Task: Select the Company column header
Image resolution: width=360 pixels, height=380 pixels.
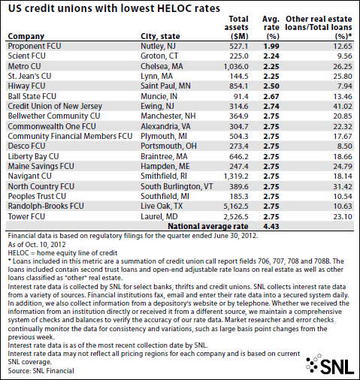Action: pos(26,36)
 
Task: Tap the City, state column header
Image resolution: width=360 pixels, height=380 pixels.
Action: pos(160,36)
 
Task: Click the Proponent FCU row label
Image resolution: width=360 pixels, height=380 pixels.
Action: pos(35,46)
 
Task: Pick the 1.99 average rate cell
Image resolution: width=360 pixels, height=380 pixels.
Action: pos(271,47)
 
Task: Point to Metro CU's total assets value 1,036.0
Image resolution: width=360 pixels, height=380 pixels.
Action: pos(236,66)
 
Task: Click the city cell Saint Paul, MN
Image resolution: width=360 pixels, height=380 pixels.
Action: pos(165,86)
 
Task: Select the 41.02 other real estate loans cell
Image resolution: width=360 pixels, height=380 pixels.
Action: pos(343,107)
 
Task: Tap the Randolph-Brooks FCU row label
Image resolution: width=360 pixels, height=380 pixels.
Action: pos(46,206)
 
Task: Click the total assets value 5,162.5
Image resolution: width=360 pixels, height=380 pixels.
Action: pos(236,207)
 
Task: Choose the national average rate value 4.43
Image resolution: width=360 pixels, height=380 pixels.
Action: pos(271,227)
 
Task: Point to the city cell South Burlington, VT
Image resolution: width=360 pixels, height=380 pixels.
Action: pos(177,186)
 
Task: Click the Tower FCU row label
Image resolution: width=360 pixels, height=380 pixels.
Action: pos(26,216)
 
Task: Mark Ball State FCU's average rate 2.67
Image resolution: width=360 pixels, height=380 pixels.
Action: pos(271,96)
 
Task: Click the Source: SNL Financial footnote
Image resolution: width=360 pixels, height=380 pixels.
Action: pos(41,371)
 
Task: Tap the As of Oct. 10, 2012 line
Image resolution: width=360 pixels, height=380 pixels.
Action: pos(37,245)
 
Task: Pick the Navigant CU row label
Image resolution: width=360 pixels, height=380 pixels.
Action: pos(29,176)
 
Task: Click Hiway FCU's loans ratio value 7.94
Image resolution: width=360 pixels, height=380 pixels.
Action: pos(345,86)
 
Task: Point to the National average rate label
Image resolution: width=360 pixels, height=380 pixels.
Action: pos(208,226)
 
